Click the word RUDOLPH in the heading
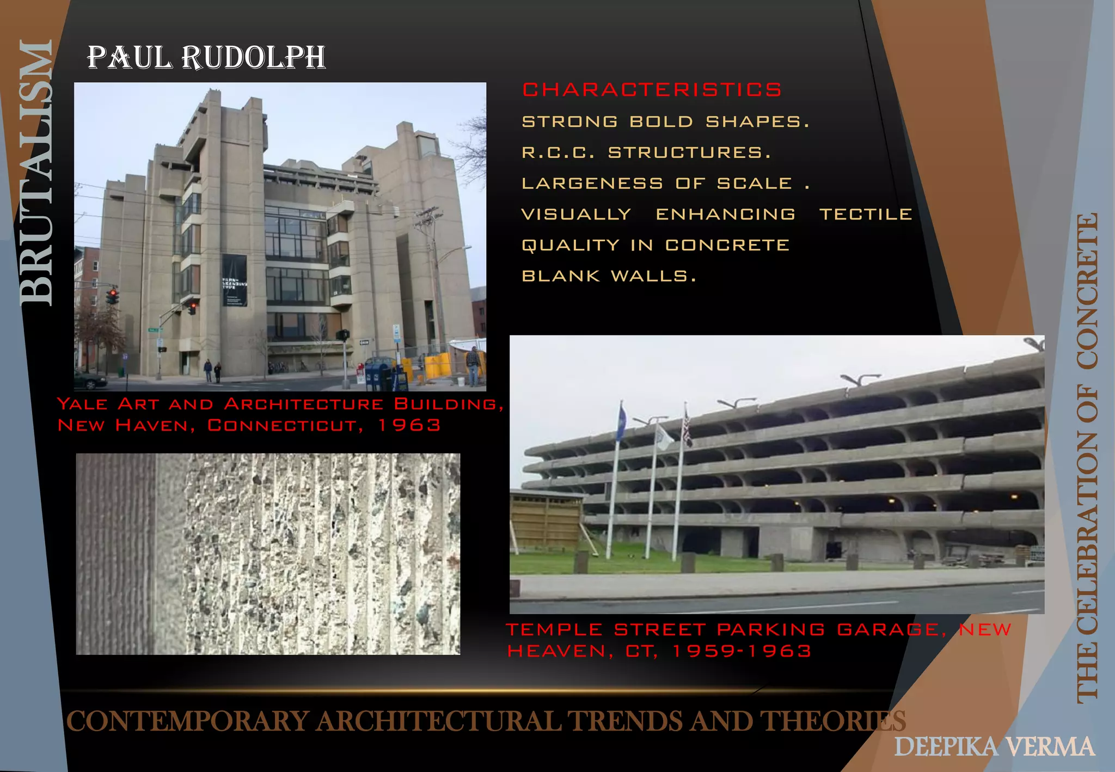pyautogui.click(x=253, y=58)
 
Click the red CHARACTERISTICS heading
pyautogui.click(x=652, y=90)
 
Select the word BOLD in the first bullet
pyautogui.click(x=661, y=121)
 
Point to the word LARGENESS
pyautogui.click(x=592, y=183)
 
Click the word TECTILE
pyautogui.click(x=866, y=215)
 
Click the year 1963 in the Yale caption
pyautogui.click(x=409, y=425)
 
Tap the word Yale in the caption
pyautogui.click(x=82, y=404)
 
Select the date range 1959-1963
pyautogui.click(x=742, y=651)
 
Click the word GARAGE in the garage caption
pyautogui.click(x=887, y=630)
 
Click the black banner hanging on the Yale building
pyautogui.click(x=234, y=280)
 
